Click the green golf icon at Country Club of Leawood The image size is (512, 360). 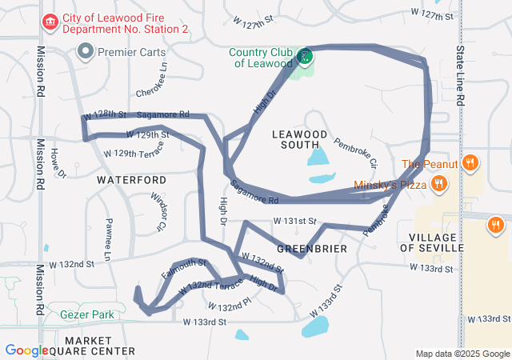(x=304, y=56)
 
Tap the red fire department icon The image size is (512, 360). (x=50, y=19)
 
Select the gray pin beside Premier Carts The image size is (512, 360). (x=86, y=52)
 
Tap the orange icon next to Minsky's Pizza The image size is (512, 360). (x=438, y=185)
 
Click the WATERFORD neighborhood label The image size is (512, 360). (x=131, y=180)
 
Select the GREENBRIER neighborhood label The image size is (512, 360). (x=311, y=249)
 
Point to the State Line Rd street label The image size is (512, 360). (x=460, y=77)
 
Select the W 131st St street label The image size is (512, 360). (x=295, y=220)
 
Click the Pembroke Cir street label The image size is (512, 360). (x=355, y=152)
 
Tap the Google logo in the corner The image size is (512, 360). (x=26, y=350)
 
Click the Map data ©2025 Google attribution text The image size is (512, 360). (x=462, y=354)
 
